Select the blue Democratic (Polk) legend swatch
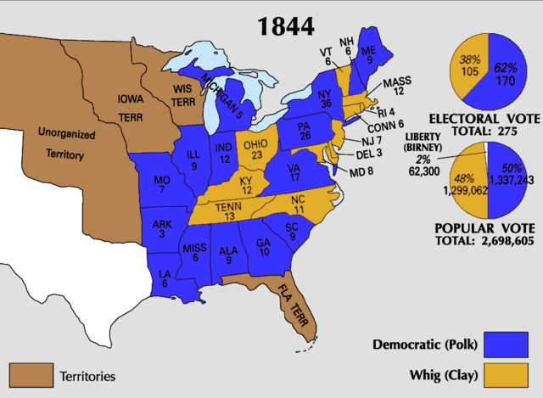point(508,345)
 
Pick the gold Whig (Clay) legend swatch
point(508,374)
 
